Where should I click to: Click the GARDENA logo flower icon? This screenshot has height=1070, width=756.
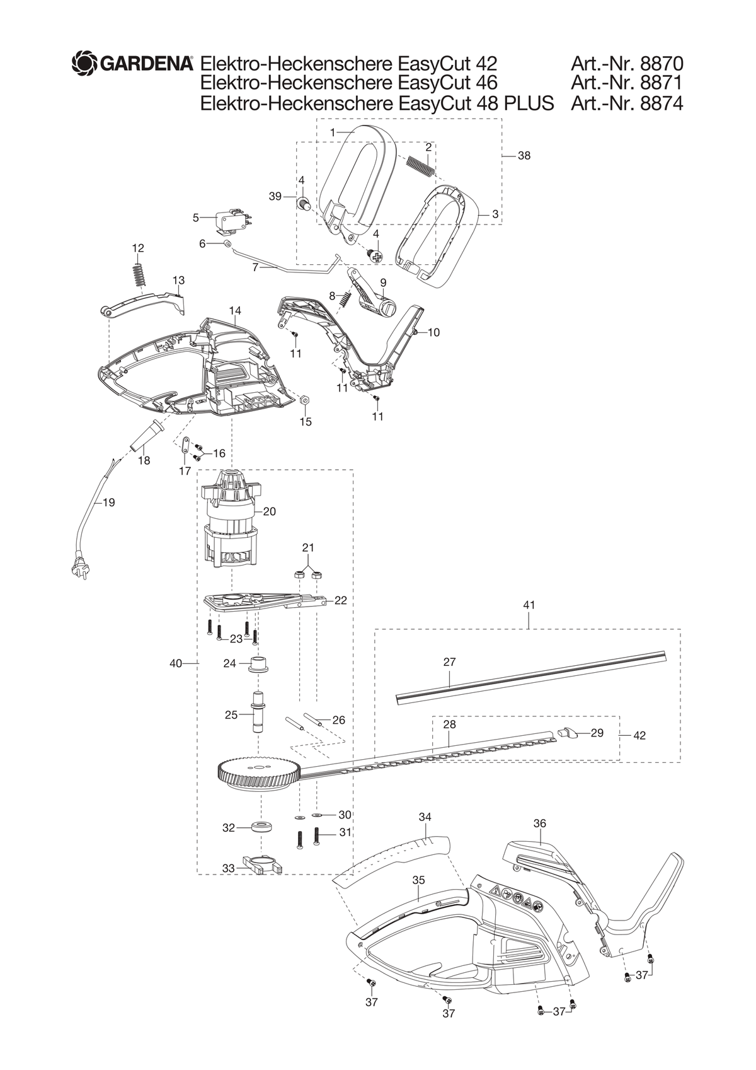pos(84,62)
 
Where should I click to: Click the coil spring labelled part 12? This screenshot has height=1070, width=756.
pos(139,275)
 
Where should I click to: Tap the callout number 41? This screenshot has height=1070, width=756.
pos(529,605)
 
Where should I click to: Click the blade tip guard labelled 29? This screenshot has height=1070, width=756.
pos(567,732)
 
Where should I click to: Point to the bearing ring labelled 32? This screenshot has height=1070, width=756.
pos(261,827)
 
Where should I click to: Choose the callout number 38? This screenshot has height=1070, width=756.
pos(524,156)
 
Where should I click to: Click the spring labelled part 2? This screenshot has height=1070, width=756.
pos(420,165)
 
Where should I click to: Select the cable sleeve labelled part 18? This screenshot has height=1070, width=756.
pos(147,434)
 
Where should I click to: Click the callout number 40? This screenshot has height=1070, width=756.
pos(176,663)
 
